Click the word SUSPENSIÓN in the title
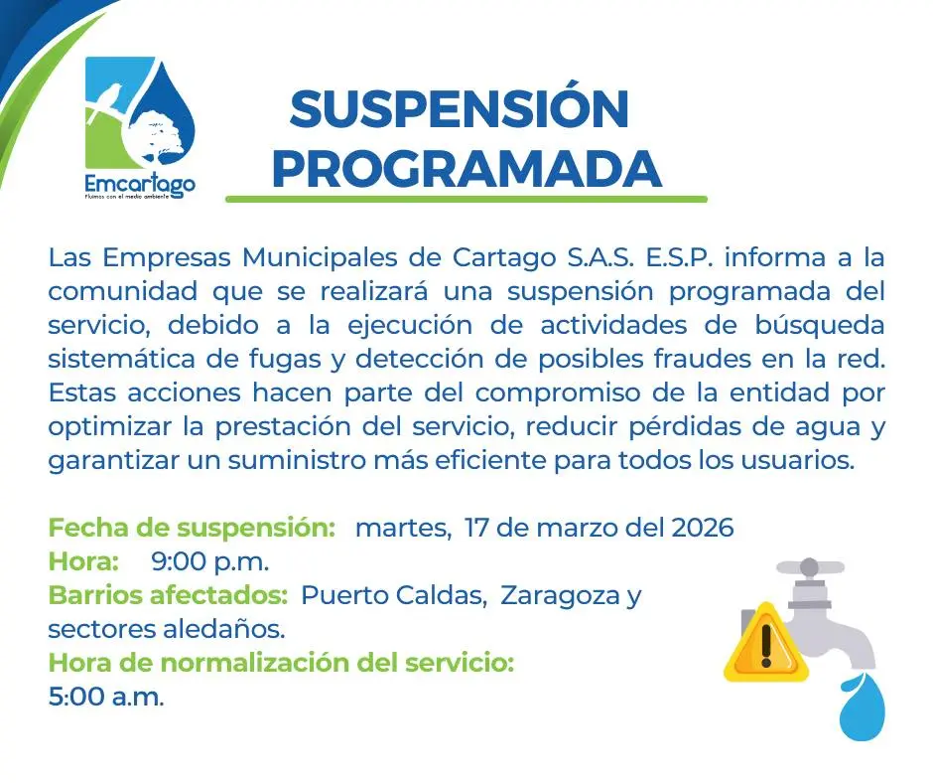tap(460, 109)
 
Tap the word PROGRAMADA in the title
tap(466, 169)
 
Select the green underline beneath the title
tap(466, 200)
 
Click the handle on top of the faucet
tap(809, 568)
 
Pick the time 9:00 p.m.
tap(209, 561)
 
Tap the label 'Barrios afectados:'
tap(169, 595)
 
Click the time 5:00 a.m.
tap(105, 697)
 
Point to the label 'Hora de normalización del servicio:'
tap(281, 663)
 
